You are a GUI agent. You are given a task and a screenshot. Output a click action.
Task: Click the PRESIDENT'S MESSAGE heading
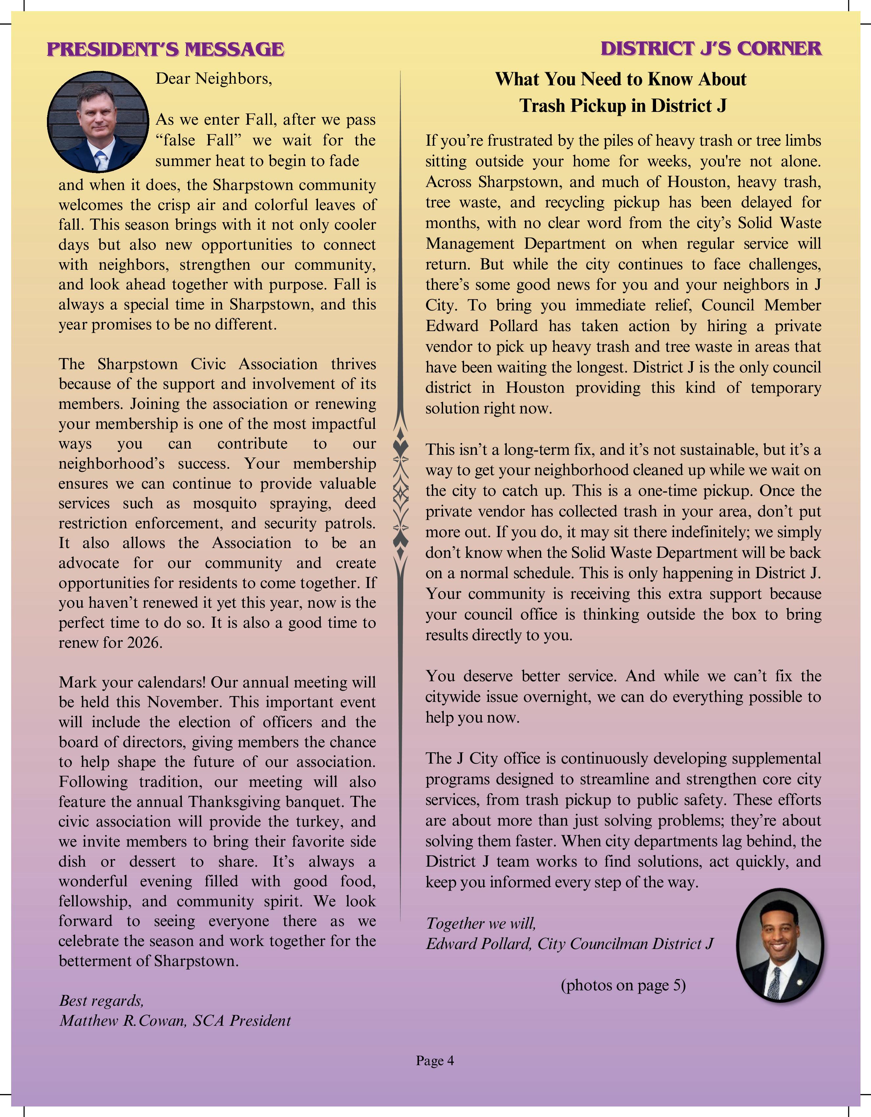click(x=165, y=49)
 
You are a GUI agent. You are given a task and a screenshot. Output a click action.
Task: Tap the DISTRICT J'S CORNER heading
click(x=711, y=48)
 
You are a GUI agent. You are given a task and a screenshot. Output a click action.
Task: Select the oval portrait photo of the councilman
click(x=780, y=945)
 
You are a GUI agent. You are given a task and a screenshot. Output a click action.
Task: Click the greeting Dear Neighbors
click(x=214, y=79)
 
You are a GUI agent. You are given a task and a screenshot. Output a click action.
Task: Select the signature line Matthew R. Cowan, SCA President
click(x=175, y=1020)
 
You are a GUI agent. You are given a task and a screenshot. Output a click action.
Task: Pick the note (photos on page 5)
click(x=623, y=985)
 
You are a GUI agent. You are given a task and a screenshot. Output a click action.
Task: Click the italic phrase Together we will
click(x=481, y=923)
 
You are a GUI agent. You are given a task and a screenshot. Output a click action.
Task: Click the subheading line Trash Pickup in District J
click(x=623, y=106)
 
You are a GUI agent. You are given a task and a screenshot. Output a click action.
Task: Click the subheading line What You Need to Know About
click(x=620, y=79)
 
